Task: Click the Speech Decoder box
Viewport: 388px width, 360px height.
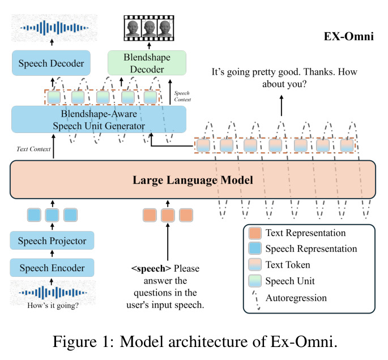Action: tap(51, 63)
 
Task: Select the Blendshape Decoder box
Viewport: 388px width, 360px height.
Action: tap(147, 63)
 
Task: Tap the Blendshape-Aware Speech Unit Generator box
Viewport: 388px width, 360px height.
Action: tap(99, 119)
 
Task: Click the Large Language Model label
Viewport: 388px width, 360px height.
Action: tap(193, 180)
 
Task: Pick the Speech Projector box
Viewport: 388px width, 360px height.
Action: tap(52, 241)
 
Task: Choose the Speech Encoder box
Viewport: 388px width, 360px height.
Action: tap(52, 268)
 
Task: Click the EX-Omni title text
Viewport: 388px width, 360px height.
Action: tap(349, 36)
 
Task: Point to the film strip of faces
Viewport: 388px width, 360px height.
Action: tap(149, 28)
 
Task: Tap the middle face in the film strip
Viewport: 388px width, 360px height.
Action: tap(149, 28)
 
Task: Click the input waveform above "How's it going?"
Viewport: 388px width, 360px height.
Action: tap(53, 293)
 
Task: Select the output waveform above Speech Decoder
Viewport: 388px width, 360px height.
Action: tap(54, 28)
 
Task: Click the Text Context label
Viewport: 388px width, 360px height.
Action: tap(33, 149)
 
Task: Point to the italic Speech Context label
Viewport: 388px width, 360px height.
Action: tap(182, 96)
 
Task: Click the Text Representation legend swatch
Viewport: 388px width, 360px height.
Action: tap(255, 233)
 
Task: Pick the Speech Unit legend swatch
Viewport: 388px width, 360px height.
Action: tap(255, 281)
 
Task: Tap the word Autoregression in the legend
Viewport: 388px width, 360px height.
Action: tap(296, 298)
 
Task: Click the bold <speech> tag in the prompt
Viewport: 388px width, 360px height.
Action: tap(151, 268)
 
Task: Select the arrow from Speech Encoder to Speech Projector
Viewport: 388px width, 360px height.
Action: tap(52, 254)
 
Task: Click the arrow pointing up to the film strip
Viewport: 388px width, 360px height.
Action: tap(149, 45)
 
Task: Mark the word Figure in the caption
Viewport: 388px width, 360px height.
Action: tap(75, 342)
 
